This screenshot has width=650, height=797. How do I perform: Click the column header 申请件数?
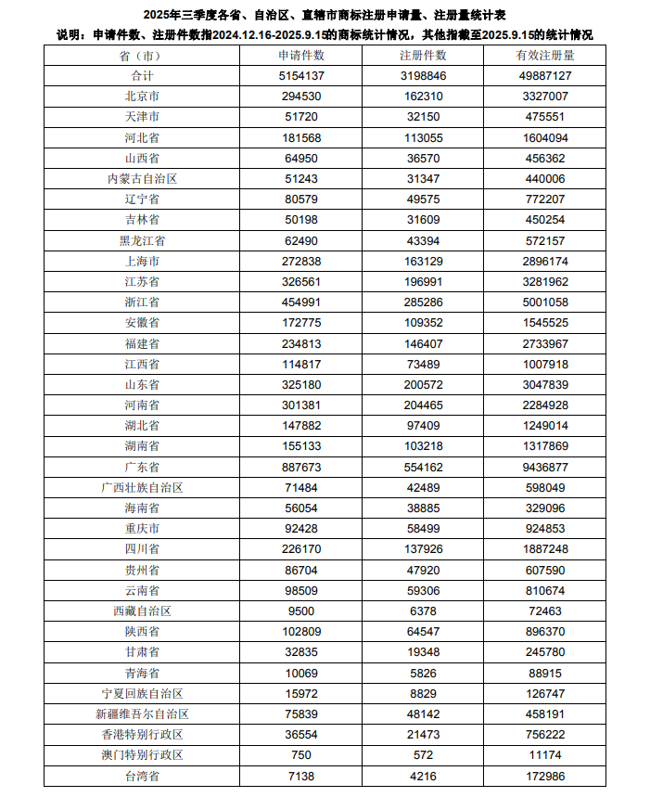[x=301, y=55]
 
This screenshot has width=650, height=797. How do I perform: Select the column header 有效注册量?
[x=545, y=55]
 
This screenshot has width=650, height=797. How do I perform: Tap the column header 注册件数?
[x=423, y=55]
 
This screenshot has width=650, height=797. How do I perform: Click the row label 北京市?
[x=142, y=96]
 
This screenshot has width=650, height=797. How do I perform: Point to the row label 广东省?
[x=142, y=467]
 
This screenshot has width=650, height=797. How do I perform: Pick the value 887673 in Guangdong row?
[x=301, y=467]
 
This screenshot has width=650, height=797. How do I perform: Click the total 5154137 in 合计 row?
[x=301, y=75]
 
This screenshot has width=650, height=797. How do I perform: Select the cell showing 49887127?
[x=545, y=75]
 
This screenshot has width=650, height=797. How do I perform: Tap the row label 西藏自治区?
[x=142, y=611]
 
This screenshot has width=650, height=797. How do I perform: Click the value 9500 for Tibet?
[x=301, y=611]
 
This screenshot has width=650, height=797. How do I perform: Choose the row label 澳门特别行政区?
[x=142, y=755]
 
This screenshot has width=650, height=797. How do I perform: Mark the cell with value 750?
[x=301, y=755]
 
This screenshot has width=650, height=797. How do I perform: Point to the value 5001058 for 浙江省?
[x=545, y=302]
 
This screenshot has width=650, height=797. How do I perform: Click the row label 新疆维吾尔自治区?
[x=142, y=714]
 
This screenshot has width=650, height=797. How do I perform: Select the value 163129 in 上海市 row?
[x=423, y=261]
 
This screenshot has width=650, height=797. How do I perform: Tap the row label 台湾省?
[x=142, y=776]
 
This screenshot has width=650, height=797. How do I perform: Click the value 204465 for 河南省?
[x=423, y=405]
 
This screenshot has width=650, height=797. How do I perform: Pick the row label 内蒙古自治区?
[x=142, y=178]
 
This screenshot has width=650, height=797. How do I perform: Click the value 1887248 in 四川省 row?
[x=545, y=549]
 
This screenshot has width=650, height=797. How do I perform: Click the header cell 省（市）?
[x=142, y=55]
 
